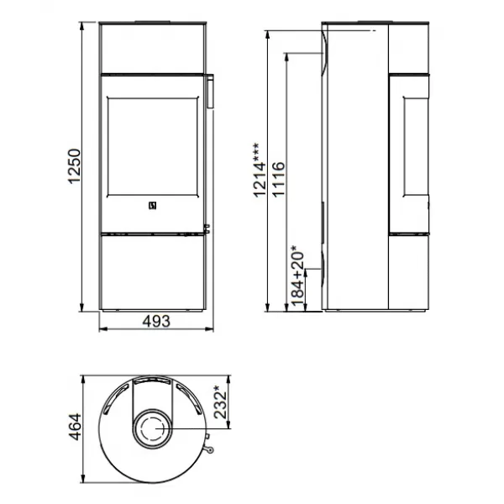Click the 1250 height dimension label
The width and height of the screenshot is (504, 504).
pyautogui.click(x=74, y=165)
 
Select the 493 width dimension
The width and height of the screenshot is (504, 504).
pyautogui.click(x=156, y=321)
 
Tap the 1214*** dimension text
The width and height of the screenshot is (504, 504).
pyautogui.click(x=260, y=170)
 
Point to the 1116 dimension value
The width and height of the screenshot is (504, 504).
pyautogui.click(x=278, y=180)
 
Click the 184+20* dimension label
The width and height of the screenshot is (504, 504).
pyautogui.click(x=297, y=276)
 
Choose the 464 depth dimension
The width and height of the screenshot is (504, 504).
pyautogui.click(x=75, y=427)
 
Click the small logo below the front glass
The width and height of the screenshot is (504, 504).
pyautogui.click(x=153, y=206)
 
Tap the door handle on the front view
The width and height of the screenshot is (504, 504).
pyautogui.click(x=209, y=91)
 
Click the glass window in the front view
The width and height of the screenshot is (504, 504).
pyautogui.click(x=153, y=146)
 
